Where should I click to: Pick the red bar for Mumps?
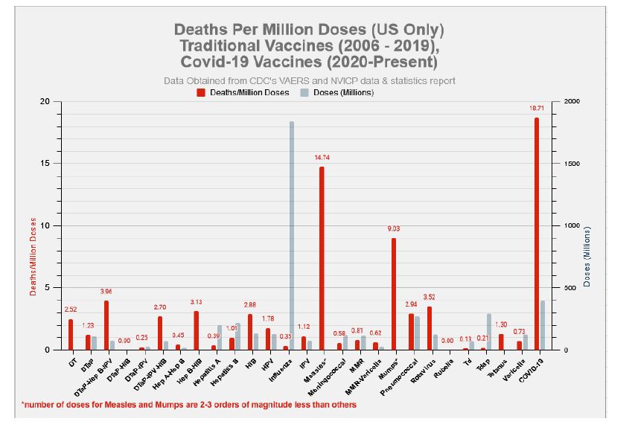394,294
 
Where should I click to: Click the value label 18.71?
537,109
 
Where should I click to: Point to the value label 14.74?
322,158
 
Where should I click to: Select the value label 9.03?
394,229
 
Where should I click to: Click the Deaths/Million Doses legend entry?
243,92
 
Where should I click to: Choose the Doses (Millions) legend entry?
337,92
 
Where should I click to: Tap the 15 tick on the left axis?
45,164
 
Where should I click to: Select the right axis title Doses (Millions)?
587,257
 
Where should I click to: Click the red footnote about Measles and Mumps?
189,405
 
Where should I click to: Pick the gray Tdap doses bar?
489,332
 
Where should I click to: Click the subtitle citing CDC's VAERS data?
309,80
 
